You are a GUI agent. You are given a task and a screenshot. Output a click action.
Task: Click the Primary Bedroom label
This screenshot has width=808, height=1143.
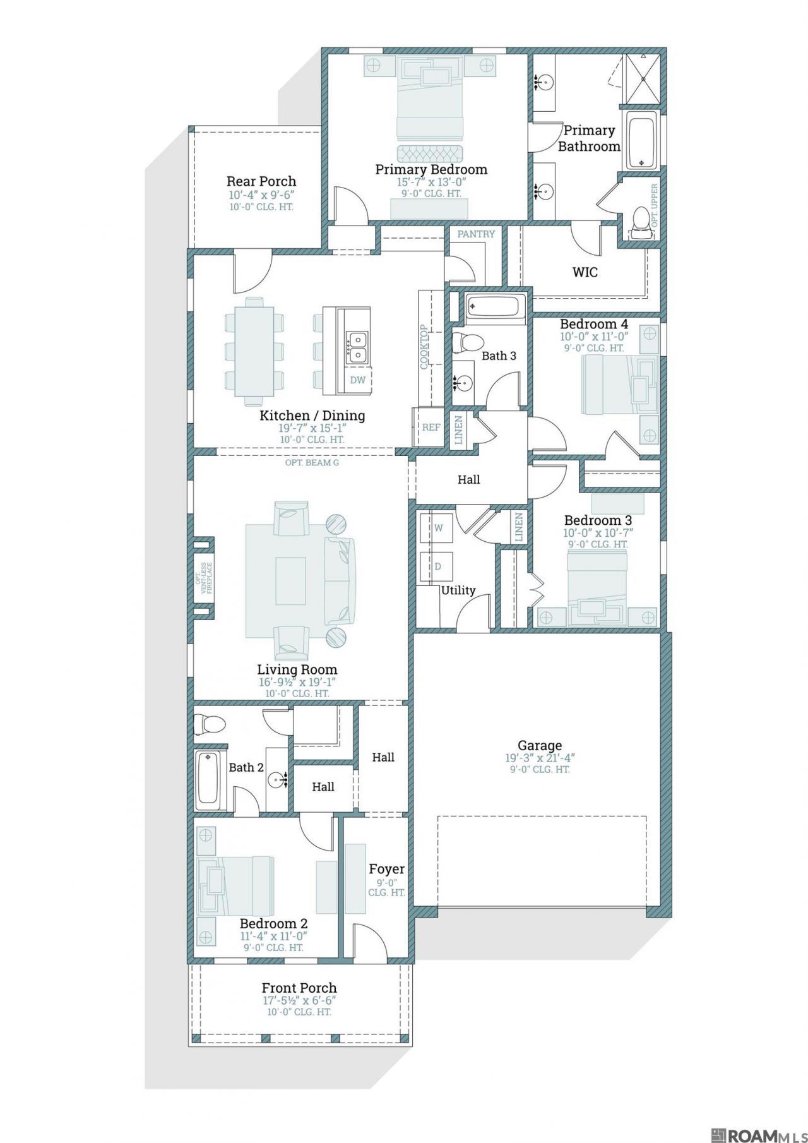[x=431, y=169]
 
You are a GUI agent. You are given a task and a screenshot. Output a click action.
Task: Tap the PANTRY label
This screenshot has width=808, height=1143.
[x=477, y=234]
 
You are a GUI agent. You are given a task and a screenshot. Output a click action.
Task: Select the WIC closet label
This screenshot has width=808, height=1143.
[x=585, y=273]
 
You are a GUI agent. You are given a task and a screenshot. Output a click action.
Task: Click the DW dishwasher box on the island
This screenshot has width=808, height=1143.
[x=358, y=380]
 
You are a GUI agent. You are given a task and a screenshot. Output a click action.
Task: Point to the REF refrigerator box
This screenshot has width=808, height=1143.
[x=431, y=428]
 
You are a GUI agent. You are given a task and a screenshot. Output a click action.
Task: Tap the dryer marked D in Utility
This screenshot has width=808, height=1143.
[x=438, y=566]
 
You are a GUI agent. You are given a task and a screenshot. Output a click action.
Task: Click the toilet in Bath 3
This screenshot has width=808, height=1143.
[x=465, y=342]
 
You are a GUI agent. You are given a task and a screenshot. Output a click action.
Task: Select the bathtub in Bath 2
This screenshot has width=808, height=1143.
[x=208, y=781]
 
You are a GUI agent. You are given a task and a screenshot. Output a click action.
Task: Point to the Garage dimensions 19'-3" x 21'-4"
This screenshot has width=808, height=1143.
[x=539, y=758]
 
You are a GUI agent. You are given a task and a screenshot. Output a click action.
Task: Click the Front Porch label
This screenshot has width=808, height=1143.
[x=299, y=988]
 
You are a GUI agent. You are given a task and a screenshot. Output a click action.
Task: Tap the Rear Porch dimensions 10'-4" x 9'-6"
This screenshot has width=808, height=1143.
[x=261, y=195]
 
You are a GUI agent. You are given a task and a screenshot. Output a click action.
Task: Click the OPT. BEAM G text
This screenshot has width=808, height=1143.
[x=312, y=463]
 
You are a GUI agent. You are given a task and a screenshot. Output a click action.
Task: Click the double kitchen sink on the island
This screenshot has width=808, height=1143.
[x=357, y=348]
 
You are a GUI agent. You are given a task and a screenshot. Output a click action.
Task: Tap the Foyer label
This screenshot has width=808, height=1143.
[x=386, y=870]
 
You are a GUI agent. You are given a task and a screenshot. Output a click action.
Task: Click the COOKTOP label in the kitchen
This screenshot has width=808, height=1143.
[x=424, y=347]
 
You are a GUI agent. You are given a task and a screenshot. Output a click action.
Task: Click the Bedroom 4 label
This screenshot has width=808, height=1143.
[x=594, y=325]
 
